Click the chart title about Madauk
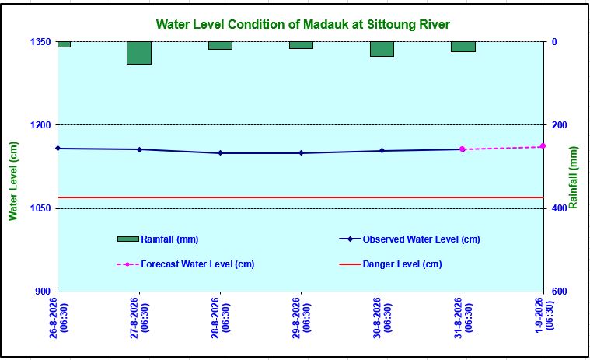click(x=303, y=24)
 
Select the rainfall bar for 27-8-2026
click(x=139, y=53)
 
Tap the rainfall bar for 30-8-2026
click(x=382, y=49)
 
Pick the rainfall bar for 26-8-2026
click(x=64, y=44)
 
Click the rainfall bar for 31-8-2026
click(x=463, y=47)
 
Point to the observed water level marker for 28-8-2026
click(x=221, y=152)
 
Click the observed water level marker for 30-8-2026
click(x=382, y=151)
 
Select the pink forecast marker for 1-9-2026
click(x=543, y=146)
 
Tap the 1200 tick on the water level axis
click(x=40, y=125)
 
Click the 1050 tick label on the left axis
click(x=40, y=208)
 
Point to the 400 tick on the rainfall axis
click(x=560, y=208)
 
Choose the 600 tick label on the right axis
click(x=560, y=292)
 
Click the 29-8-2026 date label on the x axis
click(x=301, y=318)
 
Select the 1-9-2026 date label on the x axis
click(x=543, y=315)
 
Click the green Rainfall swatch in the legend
click(x=128, y=239)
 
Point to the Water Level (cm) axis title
click(x=13, y=180)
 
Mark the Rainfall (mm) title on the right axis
click(x=573, y=177)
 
